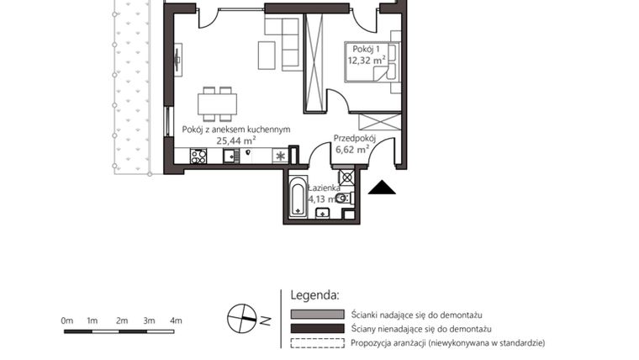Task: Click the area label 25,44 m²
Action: pyautogui.click(x=235, y=140)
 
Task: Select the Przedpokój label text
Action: pyautogui.click(x=353, y=138)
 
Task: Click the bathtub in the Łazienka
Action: pyautogui.click(x=297, y=198)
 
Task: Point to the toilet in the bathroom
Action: pyautogui.click(x=342, y=198)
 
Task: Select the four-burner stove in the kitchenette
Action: pyautogui.click(x=198, y=156)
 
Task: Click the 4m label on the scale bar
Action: pyautogui.click(x=175, y=320)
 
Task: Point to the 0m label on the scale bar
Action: pyautogui.click(x=67, y=320)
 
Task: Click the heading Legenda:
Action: pyautogui.click(x=314, y=296)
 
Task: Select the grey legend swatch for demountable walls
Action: pyautogui.click(x=317, y=314)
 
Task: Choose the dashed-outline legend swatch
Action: pyautogui.click(x=317, y=343)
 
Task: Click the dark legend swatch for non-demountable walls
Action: pyautogui.click(x=317, y=329)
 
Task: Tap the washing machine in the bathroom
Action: pyautogui.click(x=346, y=178)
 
